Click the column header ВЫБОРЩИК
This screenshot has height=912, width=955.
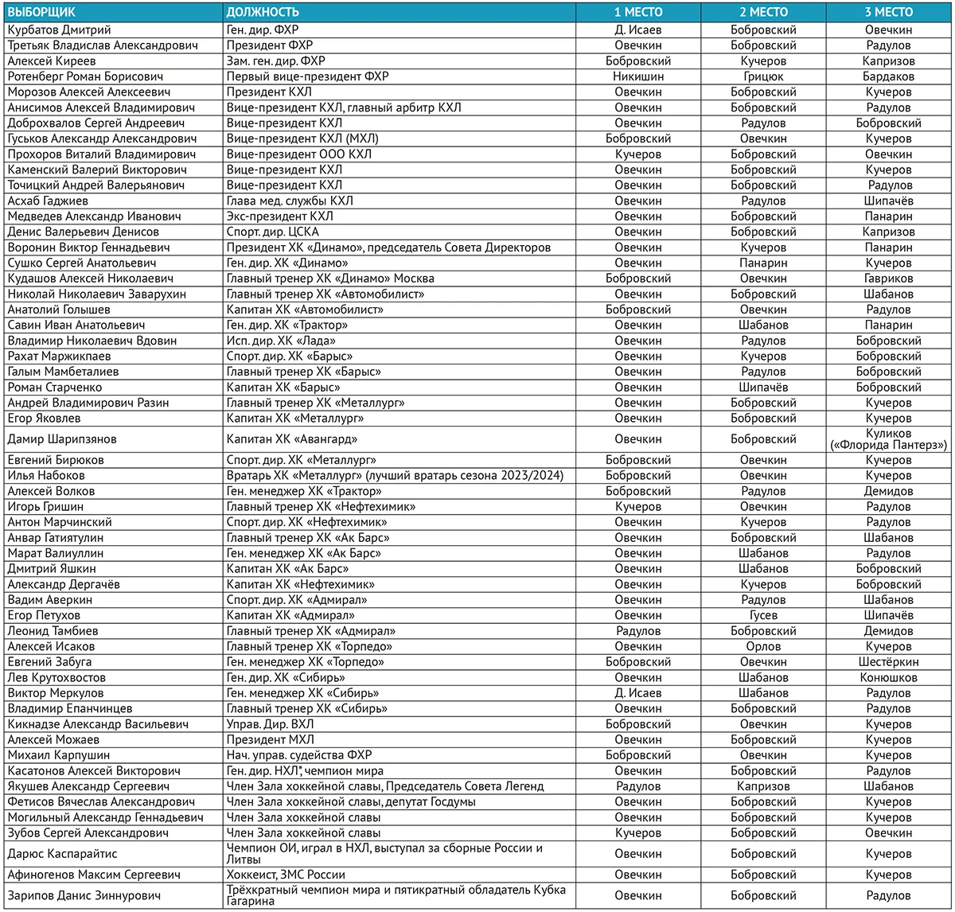coord(41,12)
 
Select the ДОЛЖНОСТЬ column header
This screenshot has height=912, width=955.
coord(263,12)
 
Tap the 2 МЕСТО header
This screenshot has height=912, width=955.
coord(762,12)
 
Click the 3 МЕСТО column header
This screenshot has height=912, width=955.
coord(888,12)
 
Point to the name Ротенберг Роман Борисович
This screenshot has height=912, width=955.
coord(85,76)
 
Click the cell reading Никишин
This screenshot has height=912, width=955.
coord(637,76)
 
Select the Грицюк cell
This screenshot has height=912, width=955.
coord(762,76)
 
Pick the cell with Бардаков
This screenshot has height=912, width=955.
coord(888,76)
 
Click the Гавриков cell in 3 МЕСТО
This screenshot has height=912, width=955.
coord(888,279)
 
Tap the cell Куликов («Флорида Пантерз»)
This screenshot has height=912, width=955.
coord(888,439)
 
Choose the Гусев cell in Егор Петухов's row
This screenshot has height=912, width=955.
coord(762,615)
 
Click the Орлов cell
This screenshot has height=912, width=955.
coord(762,646)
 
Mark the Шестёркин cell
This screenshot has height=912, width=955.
coord(888,661)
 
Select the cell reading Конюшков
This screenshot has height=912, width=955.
coord(888,677)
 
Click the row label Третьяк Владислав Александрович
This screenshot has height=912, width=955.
coord(103,45)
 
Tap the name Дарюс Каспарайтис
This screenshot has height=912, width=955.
coord(62,853)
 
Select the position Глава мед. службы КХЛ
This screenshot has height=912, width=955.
coord(290,201)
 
